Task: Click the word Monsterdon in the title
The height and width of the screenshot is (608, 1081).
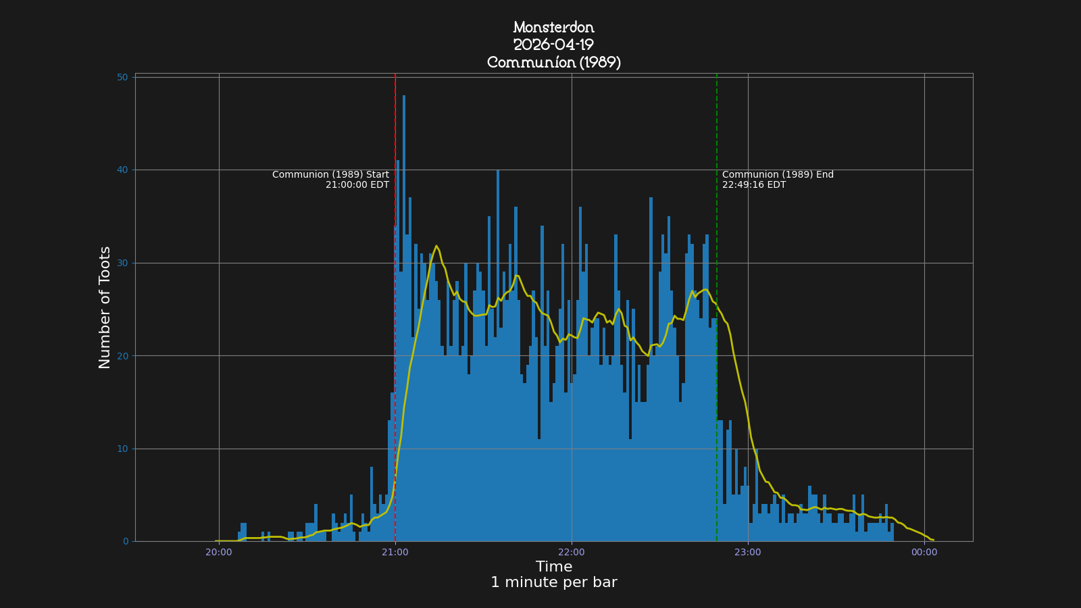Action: click(x=553, y=28)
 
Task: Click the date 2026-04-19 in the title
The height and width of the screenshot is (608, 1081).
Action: click(x=553, y=45)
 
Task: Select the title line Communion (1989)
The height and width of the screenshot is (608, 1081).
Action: click(x=553, y=63)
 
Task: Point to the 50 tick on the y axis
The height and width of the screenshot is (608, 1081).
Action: click(x=122, y=78)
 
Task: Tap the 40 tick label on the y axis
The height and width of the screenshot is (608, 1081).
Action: click(x=122, y=170)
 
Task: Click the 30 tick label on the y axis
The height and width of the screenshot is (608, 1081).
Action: click(x=122, y=263)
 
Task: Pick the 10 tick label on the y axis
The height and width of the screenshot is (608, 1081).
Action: click(x=122, y=449)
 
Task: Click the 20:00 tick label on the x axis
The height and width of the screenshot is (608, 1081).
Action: click(x=218, y=553)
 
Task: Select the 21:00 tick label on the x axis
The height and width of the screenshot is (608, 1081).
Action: click(x=395, y=553)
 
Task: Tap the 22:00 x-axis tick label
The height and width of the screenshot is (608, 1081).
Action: click(x=571, y=553)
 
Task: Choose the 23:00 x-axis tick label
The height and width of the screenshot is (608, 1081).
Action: click(x=747, y=553)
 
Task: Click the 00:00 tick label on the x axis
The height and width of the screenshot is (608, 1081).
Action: click(x=924, y=553)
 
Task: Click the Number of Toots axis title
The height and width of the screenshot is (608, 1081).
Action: click(x=105, y=307)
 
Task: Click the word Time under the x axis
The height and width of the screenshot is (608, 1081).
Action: click(x=553, y=567)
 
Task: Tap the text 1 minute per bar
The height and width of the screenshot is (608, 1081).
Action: click(x=553, y=582)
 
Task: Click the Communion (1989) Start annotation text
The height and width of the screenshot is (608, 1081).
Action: click(x=330, y=175)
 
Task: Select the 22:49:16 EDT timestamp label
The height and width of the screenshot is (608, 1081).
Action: click(x=753, y=185)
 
